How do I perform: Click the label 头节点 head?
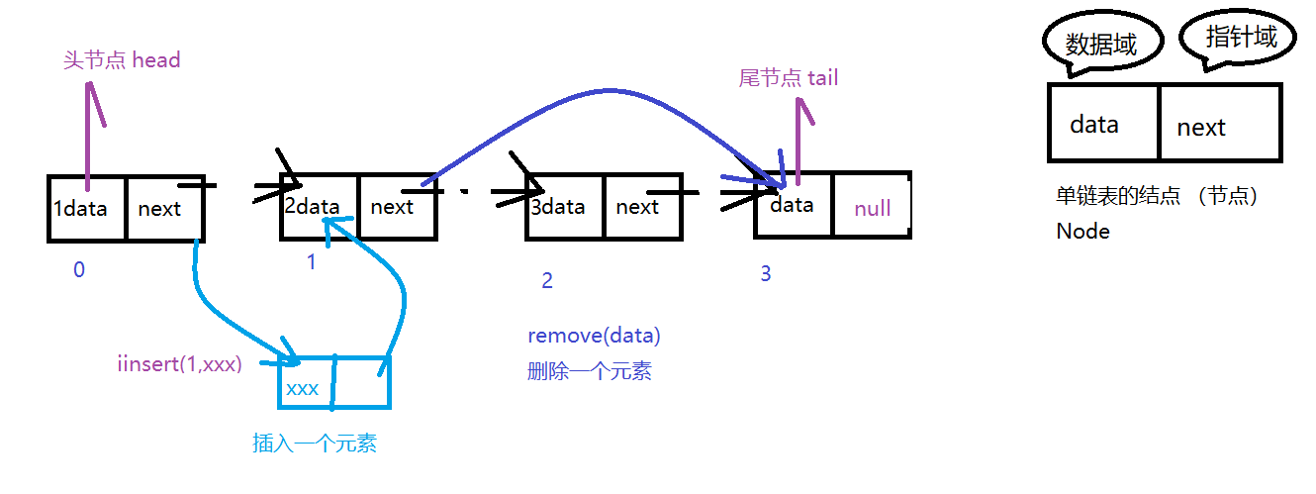tap(122, 60)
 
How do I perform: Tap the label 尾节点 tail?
tap(789, 77)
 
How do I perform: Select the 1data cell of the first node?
tap(87, 209)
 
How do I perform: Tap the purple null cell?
tap(872, 208)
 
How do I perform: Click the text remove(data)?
tap(594, 336)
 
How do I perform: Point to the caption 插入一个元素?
tap(315, 444)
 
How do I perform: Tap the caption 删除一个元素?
tap(590, 372)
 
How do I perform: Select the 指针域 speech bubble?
tap(1241, 39)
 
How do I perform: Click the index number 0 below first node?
tap(79, 269)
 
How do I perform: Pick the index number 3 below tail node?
tap(765, 273)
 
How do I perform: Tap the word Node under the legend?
tap(1082, 232)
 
